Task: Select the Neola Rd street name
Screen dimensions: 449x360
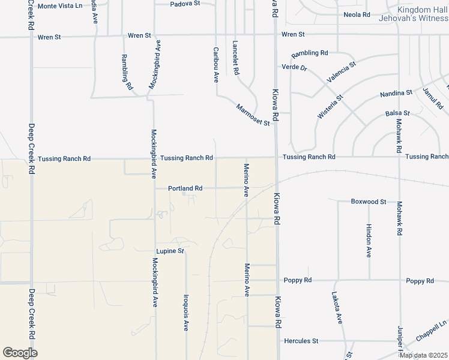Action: click(357, 14)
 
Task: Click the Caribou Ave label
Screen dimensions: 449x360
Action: click(215, 64)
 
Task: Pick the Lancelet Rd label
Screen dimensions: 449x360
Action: click(236, 58)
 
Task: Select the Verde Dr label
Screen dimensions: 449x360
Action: click(295, 68)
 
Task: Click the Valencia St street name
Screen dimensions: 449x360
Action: click(341, 71)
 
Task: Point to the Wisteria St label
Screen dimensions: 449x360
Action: click(330, 106)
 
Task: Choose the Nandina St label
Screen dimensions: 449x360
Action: click(396, 94)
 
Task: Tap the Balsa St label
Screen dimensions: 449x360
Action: click(397, 113)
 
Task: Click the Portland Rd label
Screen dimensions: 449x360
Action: click(185, 188)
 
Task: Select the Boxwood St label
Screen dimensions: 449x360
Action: click(368, 202)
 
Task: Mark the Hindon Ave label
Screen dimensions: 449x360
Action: click(369, 240)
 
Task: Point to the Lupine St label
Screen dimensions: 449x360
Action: click(170, 251)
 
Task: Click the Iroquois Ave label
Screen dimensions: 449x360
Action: click(186, 313)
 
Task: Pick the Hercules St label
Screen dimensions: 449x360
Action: click(301, 341)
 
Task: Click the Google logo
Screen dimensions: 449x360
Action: click(20, 353)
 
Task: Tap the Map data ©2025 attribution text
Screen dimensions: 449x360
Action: click(423, 355)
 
